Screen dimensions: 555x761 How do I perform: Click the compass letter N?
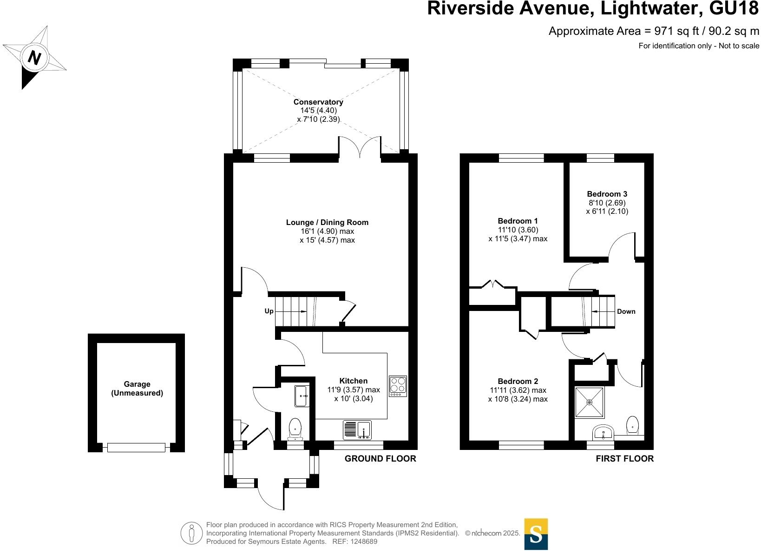pos(35,58)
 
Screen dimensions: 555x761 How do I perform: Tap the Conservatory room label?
pos(318,102)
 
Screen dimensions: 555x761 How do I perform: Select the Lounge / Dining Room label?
pos(327,223)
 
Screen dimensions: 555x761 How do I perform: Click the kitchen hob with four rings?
pos(398,386)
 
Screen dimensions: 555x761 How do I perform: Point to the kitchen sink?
pos(357,430)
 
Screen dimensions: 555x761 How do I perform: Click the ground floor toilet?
pos(295,429)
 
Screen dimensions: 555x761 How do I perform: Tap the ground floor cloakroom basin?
pos(302,396)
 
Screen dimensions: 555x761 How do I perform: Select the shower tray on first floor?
pos(590,402)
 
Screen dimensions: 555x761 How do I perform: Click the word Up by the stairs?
pos(269,311)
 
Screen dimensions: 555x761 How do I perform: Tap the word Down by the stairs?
pos(626,311)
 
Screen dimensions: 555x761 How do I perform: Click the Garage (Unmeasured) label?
pos(137,389)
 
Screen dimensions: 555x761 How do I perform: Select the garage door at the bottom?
pos(136,447)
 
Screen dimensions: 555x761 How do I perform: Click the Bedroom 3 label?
pos(607,194)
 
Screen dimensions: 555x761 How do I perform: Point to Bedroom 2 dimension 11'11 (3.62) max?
pos(518,390)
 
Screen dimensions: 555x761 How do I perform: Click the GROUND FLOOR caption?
pos(380,459)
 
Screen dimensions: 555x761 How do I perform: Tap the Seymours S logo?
pos(536,534)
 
